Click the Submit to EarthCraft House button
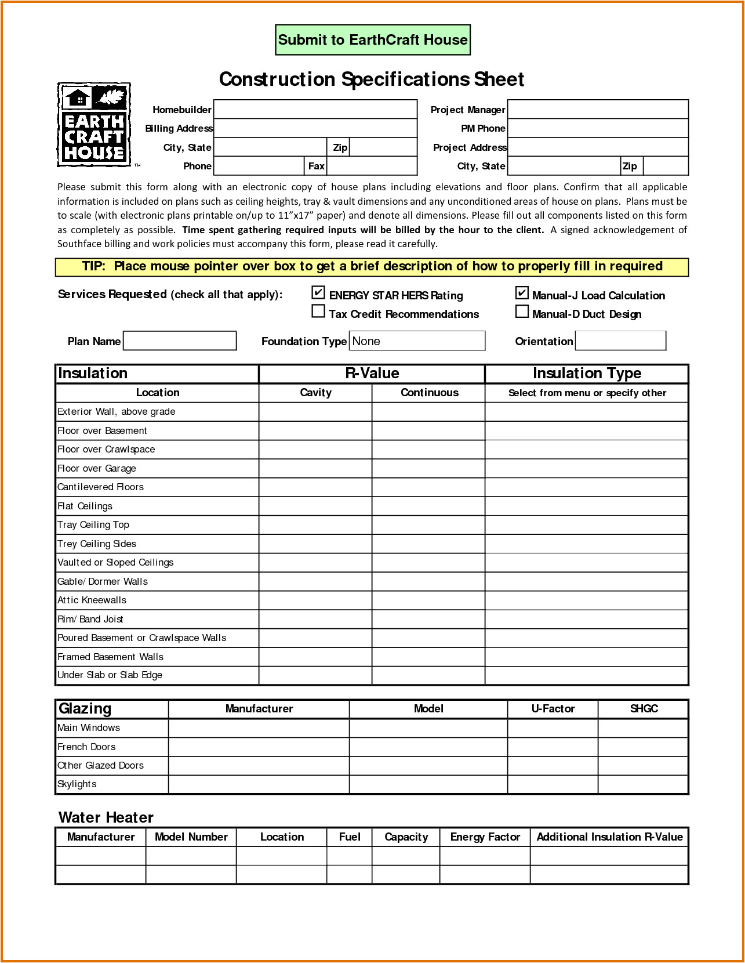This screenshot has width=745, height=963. [373, 40]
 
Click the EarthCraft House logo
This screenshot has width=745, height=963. [94, 125]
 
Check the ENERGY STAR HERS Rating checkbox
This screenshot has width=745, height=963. [318, 292]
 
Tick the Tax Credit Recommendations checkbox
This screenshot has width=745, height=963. [318, 312]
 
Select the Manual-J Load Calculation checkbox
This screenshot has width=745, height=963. [522, 292]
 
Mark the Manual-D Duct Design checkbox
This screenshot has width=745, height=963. [522, 312]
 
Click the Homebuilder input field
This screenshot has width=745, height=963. [315, 109]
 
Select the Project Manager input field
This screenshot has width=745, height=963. [598, 109]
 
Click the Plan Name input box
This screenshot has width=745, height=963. [180, 341]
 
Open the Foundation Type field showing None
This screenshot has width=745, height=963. [417, 341]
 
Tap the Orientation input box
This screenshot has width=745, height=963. [620, 341]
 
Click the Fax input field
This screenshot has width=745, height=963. [372, 166]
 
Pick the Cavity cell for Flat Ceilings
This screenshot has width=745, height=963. [315, 506]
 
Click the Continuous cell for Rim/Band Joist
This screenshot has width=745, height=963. [428, 619]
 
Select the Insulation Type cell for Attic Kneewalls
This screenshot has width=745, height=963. [586, 600]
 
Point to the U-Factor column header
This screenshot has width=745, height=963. [553, 709]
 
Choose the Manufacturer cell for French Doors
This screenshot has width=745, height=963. [259, 747]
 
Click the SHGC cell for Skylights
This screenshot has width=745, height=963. [643, 784]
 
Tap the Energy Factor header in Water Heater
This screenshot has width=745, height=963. [485, 837]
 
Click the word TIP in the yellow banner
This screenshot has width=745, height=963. [93, 266]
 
